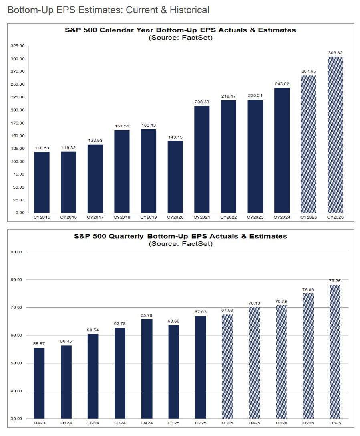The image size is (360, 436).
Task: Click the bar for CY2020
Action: pos(175,176)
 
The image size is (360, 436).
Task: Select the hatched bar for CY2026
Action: pos(335,135)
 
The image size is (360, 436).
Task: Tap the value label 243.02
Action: pos(282,84)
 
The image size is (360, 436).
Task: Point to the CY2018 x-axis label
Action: pos(122,217)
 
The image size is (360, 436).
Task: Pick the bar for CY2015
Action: pos(42,182)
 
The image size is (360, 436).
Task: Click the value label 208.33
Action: pos(202,102)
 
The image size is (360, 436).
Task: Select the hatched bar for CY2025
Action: pos(308,144)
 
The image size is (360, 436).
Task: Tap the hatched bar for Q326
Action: pos(335,351)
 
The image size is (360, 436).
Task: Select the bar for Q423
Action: pos(39,383)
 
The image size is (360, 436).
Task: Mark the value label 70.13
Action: pos(254,303)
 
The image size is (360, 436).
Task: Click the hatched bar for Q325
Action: pos(227,366)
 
